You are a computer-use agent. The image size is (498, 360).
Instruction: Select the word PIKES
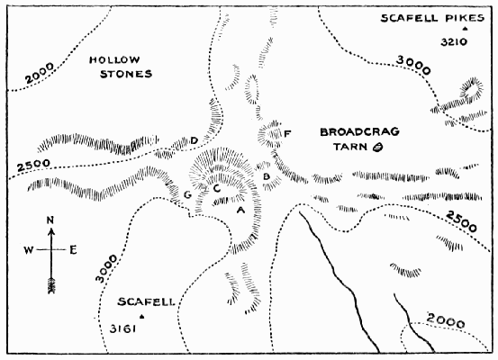(459, 19)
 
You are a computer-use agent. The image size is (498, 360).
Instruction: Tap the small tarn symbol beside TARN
(377, 146)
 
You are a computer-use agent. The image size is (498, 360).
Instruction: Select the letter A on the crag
(239, 209)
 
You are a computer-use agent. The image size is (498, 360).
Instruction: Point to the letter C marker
(217, 188)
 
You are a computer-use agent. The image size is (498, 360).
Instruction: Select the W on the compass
(30, 249)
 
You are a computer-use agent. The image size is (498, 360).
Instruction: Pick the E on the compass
(73, 249)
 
